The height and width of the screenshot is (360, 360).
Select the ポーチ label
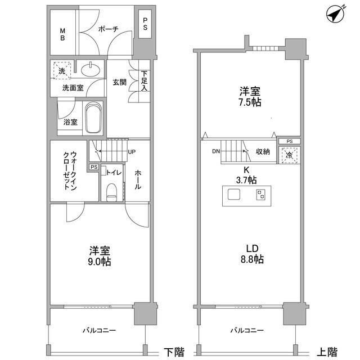[107, 30]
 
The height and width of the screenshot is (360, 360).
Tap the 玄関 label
[119, 82]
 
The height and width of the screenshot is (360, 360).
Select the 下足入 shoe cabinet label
[145, 81]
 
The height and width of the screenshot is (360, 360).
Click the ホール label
[138, 182]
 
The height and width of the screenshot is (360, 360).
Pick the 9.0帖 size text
[99, 262]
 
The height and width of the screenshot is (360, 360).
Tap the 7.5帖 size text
[249, 102]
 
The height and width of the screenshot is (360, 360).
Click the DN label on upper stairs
[215, 151]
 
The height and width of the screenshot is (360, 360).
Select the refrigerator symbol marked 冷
[289, 154]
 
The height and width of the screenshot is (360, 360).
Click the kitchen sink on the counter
[233, 195]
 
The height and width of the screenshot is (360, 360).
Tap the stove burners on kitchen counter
[261, 195]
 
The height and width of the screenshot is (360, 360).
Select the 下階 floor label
[174, 352]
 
